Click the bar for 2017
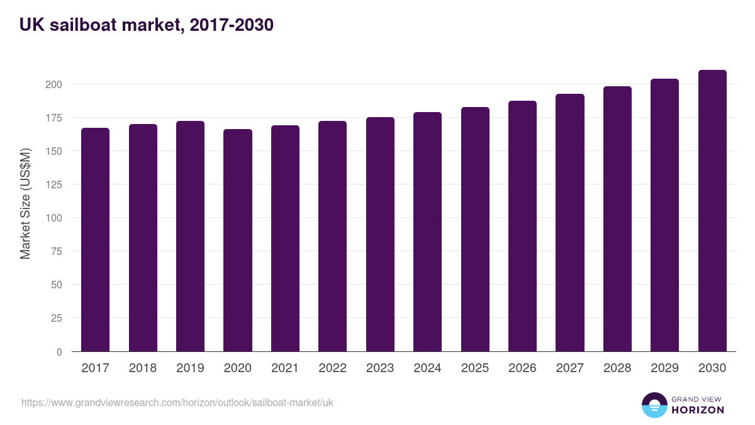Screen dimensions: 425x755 95,240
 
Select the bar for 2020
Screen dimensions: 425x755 238,241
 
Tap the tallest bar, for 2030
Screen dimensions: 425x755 712,211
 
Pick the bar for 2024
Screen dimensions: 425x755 427,232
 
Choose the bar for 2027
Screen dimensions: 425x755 570,223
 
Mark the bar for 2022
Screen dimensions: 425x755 332,236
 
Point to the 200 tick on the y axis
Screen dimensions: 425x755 54,84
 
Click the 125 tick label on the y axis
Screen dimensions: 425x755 54,184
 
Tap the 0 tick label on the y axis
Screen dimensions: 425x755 59,352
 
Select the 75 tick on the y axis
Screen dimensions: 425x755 57,251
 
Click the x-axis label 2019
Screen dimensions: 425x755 190,368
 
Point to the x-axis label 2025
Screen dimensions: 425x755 475,368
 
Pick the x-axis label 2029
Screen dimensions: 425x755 664,368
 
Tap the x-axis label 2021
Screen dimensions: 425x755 285,368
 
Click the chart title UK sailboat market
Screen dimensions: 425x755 146,25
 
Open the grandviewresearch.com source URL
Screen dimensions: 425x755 177,402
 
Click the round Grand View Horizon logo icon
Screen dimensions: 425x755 654,405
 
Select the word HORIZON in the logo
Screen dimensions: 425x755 698,410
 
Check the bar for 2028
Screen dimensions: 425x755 617,219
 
